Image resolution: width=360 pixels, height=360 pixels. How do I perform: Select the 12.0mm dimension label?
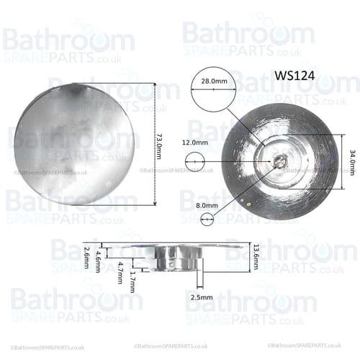click(197, 143)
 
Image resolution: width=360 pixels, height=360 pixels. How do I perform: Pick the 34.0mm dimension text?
click(352, 162)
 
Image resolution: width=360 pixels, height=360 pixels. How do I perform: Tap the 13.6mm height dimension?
click(256, 256)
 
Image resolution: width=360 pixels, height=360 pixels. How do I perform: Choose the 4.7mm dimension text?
click(120, 271)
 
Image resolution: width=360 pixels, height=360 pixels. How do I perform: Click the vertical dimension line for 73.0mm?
click(154, 143)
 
